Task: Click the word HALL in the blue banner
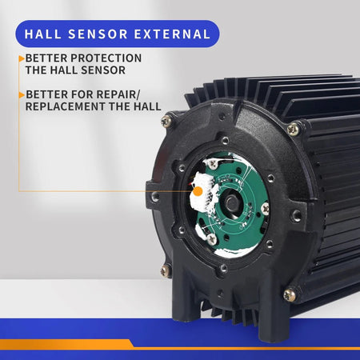43,34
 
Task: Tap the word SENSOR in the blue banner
98,34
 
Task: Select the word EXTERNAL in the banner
172,34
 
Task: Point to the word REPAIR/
118,94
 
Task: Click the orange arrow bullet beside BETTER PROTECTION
22,58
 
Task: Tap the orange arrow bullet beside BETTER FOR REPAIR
22,94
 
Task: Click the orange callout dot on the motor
198,191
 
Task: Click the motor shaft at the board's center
231,203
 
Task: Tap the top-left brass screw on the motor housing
166,122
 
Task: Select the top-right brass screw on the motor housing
293,129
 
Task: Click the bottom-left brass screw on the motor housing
166,271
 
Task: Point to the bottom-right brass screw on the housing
290,295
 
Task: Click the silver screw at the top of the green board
213,164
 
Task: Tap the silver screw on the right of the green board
265,209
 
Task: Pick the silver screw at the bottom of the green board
212,239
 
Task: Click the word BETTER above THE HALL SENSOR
46,58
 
